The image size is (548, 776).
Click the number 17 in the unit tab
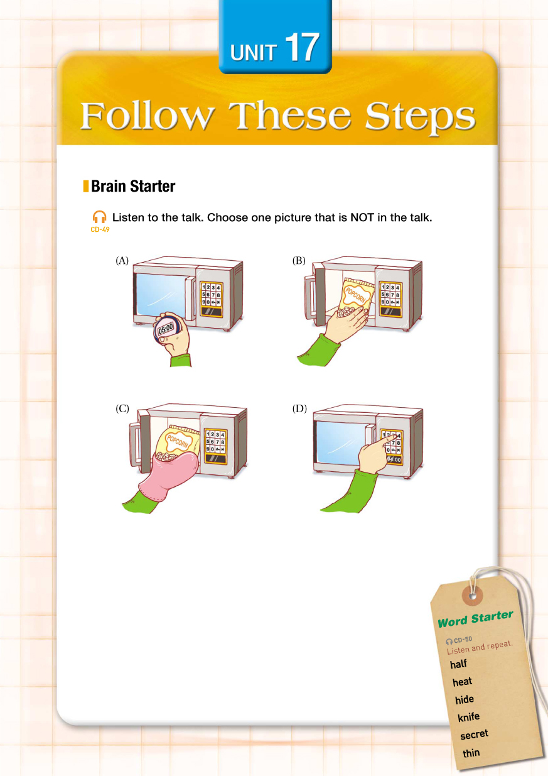(302, 48)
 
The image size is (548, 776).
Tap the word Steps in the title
(421, 117)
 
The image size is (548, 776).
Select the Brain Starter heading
(133, 187)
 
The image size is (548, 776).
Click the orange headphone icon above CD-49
(99, 217)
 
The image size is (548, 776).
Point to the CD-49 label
(100, 229)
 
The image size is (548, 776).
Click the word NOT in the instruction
(362, 217)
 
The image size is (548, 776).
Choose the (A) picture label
(122, 261)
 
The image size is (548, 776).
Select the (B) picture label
(299, 261)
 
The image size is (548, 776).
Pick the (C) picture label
(122, 409)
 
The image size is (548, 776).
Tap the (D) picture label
(299, 409)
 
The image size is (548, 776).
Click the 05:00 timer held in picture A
(166, 328)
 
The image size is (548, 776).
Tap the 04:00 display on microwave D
(394, 460)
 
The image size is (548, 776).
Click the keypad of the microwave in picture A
(212, 298)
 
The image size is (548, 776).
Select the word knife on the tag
(469, 717)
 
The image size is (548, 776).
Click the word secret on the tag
(474, 735)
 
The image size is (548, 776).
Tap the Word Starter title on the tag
(475, 619)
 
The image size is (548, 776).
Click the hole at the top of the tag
(473, 596)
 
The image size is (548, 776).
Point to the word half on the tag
(459, 664)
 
